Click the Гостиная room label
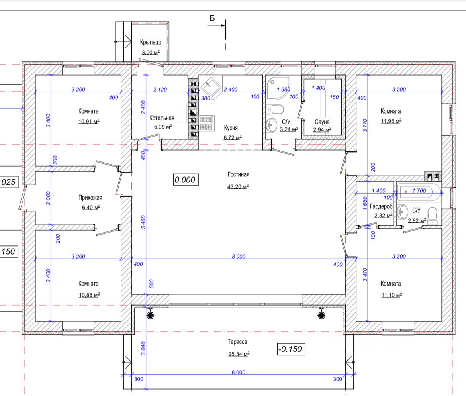[239, 174]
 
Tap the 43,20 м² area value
[238, 186]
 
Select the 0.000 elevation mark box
[185, 180]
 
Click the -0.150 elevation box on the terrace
[291, 349]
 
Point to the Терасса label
[238, 342]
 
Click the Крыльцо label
[150, 42]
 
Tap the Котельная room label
[162, 118]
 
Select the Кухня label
[231, 128]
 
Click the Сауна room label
[322, 122]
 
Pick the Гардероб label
[381, 206]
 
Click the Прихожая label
[90, 198]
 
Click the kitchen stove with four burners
[207, 123]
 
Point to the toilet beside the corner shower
[275, 109]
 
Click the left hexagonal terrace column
[151, 315]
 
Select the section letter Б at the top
[212, 18]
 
